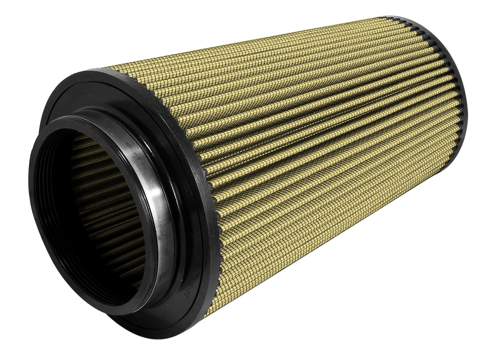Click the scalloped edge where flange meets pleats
click(x=198, y=166)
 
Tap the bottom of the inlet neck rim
click(x=119, y=308)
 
